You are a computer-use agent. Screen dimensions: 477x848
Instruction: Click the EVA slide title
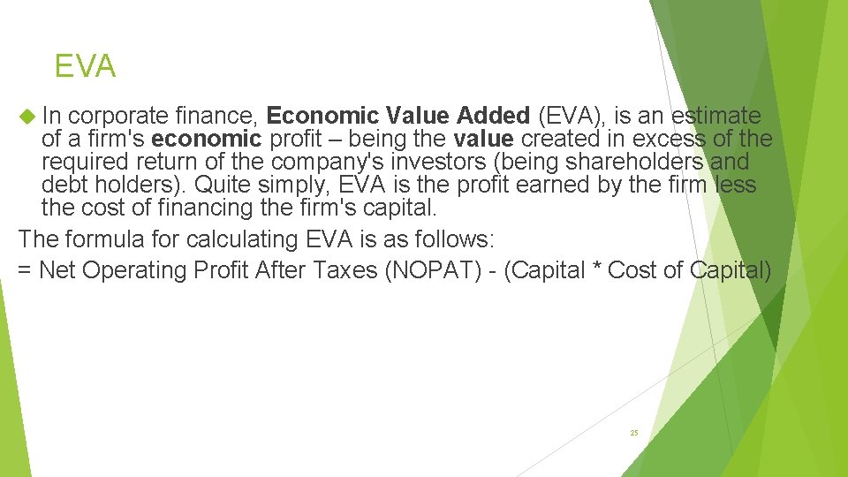(x=85, y=66)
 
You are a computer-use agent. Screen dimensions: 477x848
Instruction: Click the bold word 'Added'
(x=494, y=116)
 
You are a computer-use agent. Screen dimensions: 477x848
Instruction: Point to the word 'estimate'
(x=716, y=116)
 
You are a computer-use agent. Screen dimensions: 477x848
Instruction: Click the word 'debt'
(x=66, y=185)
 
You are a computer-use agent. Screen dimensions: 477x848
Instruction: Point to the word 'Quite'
(x=223, y=185)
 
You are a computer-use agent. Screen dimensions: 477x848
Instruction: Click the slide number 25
(x=633, y=433)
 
